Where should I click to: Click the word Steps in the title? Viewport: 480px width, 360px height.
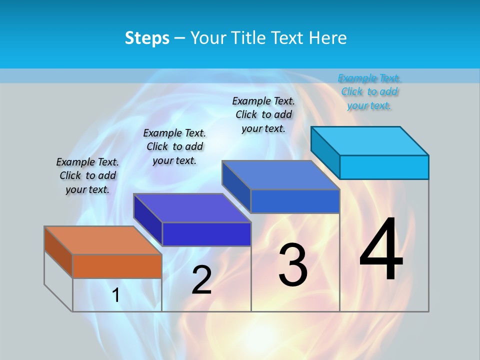pyautogui.click(x=147, y=38)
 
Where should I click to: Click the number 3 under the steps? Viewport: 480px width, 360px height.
pyautogui.click(x=292, y=265)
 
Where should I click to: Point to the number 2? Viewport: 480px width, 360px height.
pyautogui.click(x=201, y=280)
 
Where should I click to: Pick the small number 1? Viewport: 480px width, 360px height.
pyautogui.click(x=116, y=295)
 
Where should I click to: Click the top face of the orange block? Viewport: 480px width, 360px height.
pyautogui.click(x=102, y=240)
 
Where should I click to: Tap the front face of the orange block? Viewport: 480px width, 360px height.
pyautogui.click(x=117, y=266)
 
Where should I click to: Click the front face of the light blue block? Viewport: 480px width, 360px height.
pyautogui.click(x=384, y=167)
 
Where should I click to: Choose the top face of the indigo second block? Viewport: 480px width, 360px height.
pyautogui.click(x=192, y=208)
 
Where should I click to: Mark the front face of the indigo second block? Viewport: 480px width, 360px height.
pyautogui.click(x=206, y=234)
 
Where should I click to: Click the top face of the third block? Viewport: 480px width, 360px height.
pyautogui.click(x=280, y=175)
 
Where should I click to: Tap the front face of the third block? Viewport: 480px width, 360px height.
pyautogui.click(x=295, y=201)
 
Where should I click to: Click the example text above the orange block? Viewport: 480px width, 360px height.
pyautogui.click(x=87, y=175)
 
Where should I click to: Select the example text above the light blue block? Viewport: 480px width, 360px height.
pyautogui.click(x=369, y=91)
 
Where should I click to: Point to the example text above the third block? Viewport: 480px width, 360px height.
pyautogui.click(x=263, y=114)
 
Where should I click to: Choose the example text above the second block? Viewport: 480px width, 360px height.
pyautogui.click(x=174, y=146)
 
